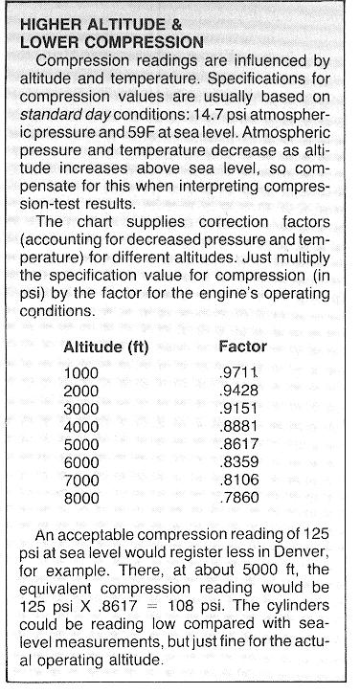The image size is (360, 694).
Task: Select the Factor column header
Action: click(243, 347)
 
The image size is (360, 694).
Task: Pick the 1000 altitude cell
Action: click(81, 374)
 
